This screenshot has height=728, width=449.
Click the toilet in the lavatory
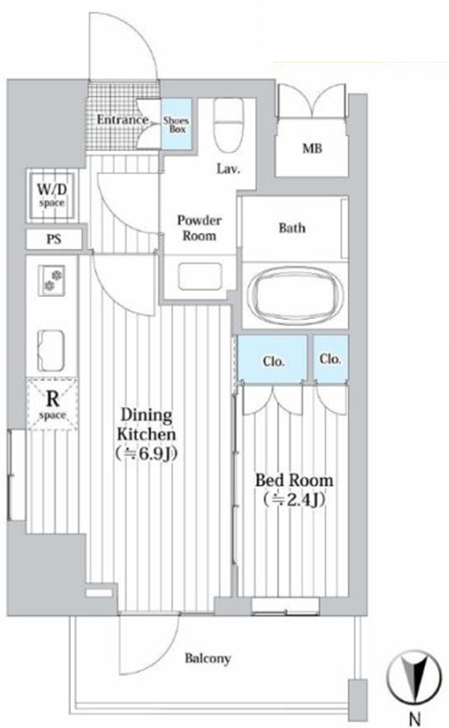click(x=228, y=125)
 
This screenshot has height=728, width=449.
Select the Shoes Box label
click(x=177, y=125)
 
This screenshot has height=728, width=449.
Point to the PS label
click(x=54, y=239)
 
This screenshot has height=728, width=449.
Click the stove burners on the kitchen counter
click(x=51, y=281)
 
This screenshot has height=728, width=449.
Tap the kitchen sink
click(x=51, y=350)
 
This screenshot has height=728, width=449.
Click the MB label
click(x=312, y=149)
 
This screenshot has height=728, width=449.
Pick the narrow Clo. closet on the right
click(x=331, y=359)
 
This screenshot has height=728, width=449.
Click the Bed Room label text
click(x=294, y=480)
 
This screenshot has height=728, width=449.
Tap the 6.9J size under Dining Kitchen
click(x=147, y=453)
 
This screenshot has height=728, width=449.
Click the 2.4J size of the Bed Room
click(x=294, y=500)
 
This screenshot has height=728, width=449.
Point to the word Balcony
click(x=207, y=658)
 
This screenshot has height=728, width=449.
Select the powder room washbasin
click(x=200, y=277)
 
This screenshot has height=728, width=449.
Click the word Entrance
click(x=123, y=120)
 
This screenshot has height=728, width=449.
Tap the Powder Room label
click(x=199, y=227)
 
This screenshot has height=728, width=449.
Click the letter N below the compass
click(x=415, y=719)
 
